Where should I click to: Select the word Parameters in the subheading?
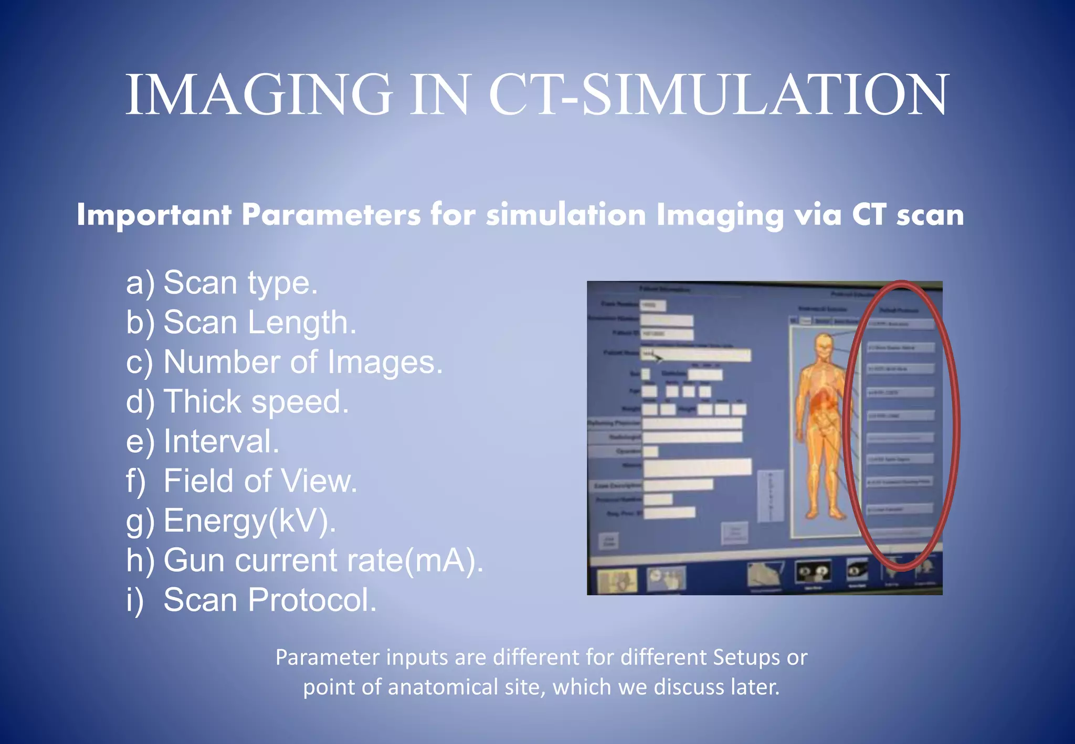tap(331, 215)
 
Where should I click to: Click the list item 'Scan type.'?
tap(240, 283)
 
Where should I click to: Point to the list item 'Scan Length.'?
tap(260, 322)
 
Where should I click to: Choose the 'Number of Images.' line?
tap(303, 362)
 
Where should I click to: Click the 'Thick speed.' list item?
tap(256, 402)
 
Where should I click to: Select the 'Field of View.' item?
tap(260, 481)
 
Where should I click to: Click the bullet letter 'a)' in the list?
tap(140, 283)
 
